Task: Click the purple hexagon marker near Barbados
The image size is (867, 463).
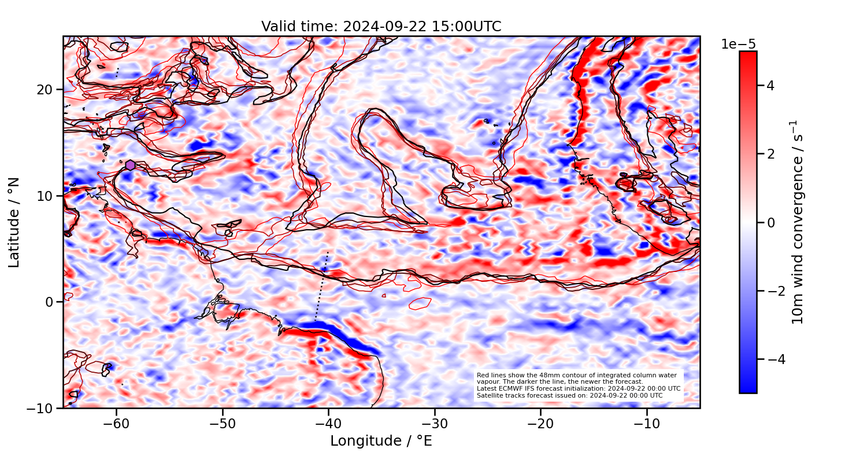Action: coord(130,165)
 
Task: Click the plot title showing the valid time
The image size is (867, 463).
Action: coord(381,27)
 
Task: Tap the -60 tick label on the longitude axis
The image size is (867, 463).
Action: coord(116,424)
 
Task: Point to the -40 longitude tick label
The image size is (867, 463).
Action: coord(328,424)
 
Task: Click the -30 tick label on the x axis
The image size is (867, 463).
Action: coord(435,424)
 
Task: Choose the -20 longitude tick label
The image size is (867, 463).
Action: coord(540,424)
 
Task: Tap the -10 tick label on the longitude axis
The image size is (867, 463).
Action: coord(646,424)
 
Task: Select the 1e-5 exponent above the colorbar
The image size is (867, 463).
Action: coord(738,45)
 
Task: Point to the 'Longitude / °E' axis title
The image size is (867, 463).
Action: coord(381,441)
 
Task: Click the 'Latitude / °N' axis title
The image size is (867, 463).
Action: coord(14,222)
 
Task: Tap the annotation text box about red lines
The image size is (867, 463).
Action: coord(578,385)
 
